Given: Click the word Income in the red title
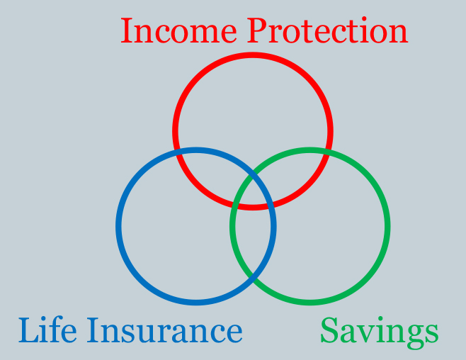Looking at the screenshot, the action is click(178, 30).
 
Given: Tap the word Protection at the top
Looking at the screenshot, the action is click(327, 30).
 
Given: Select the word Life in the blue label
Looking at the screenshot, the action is click(47, 330).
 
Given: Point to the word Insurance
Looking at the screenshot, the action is click(164, 330).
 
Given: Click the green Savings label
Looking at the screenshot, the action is click(380, 332).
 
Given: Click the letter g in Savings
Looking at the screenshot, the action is click(415, 337).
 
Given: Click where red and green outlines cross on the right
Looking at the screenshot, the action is click(328, 152).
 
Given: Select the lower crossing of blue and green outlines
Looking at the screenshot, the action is click(253, 276).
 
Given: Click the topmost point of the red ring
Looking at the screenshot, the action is click(253, 55).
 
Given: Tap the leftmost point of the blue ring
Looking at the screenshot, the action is click(118, 226).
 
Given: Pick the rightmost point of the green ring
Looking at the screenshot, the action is click(387, 226).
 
